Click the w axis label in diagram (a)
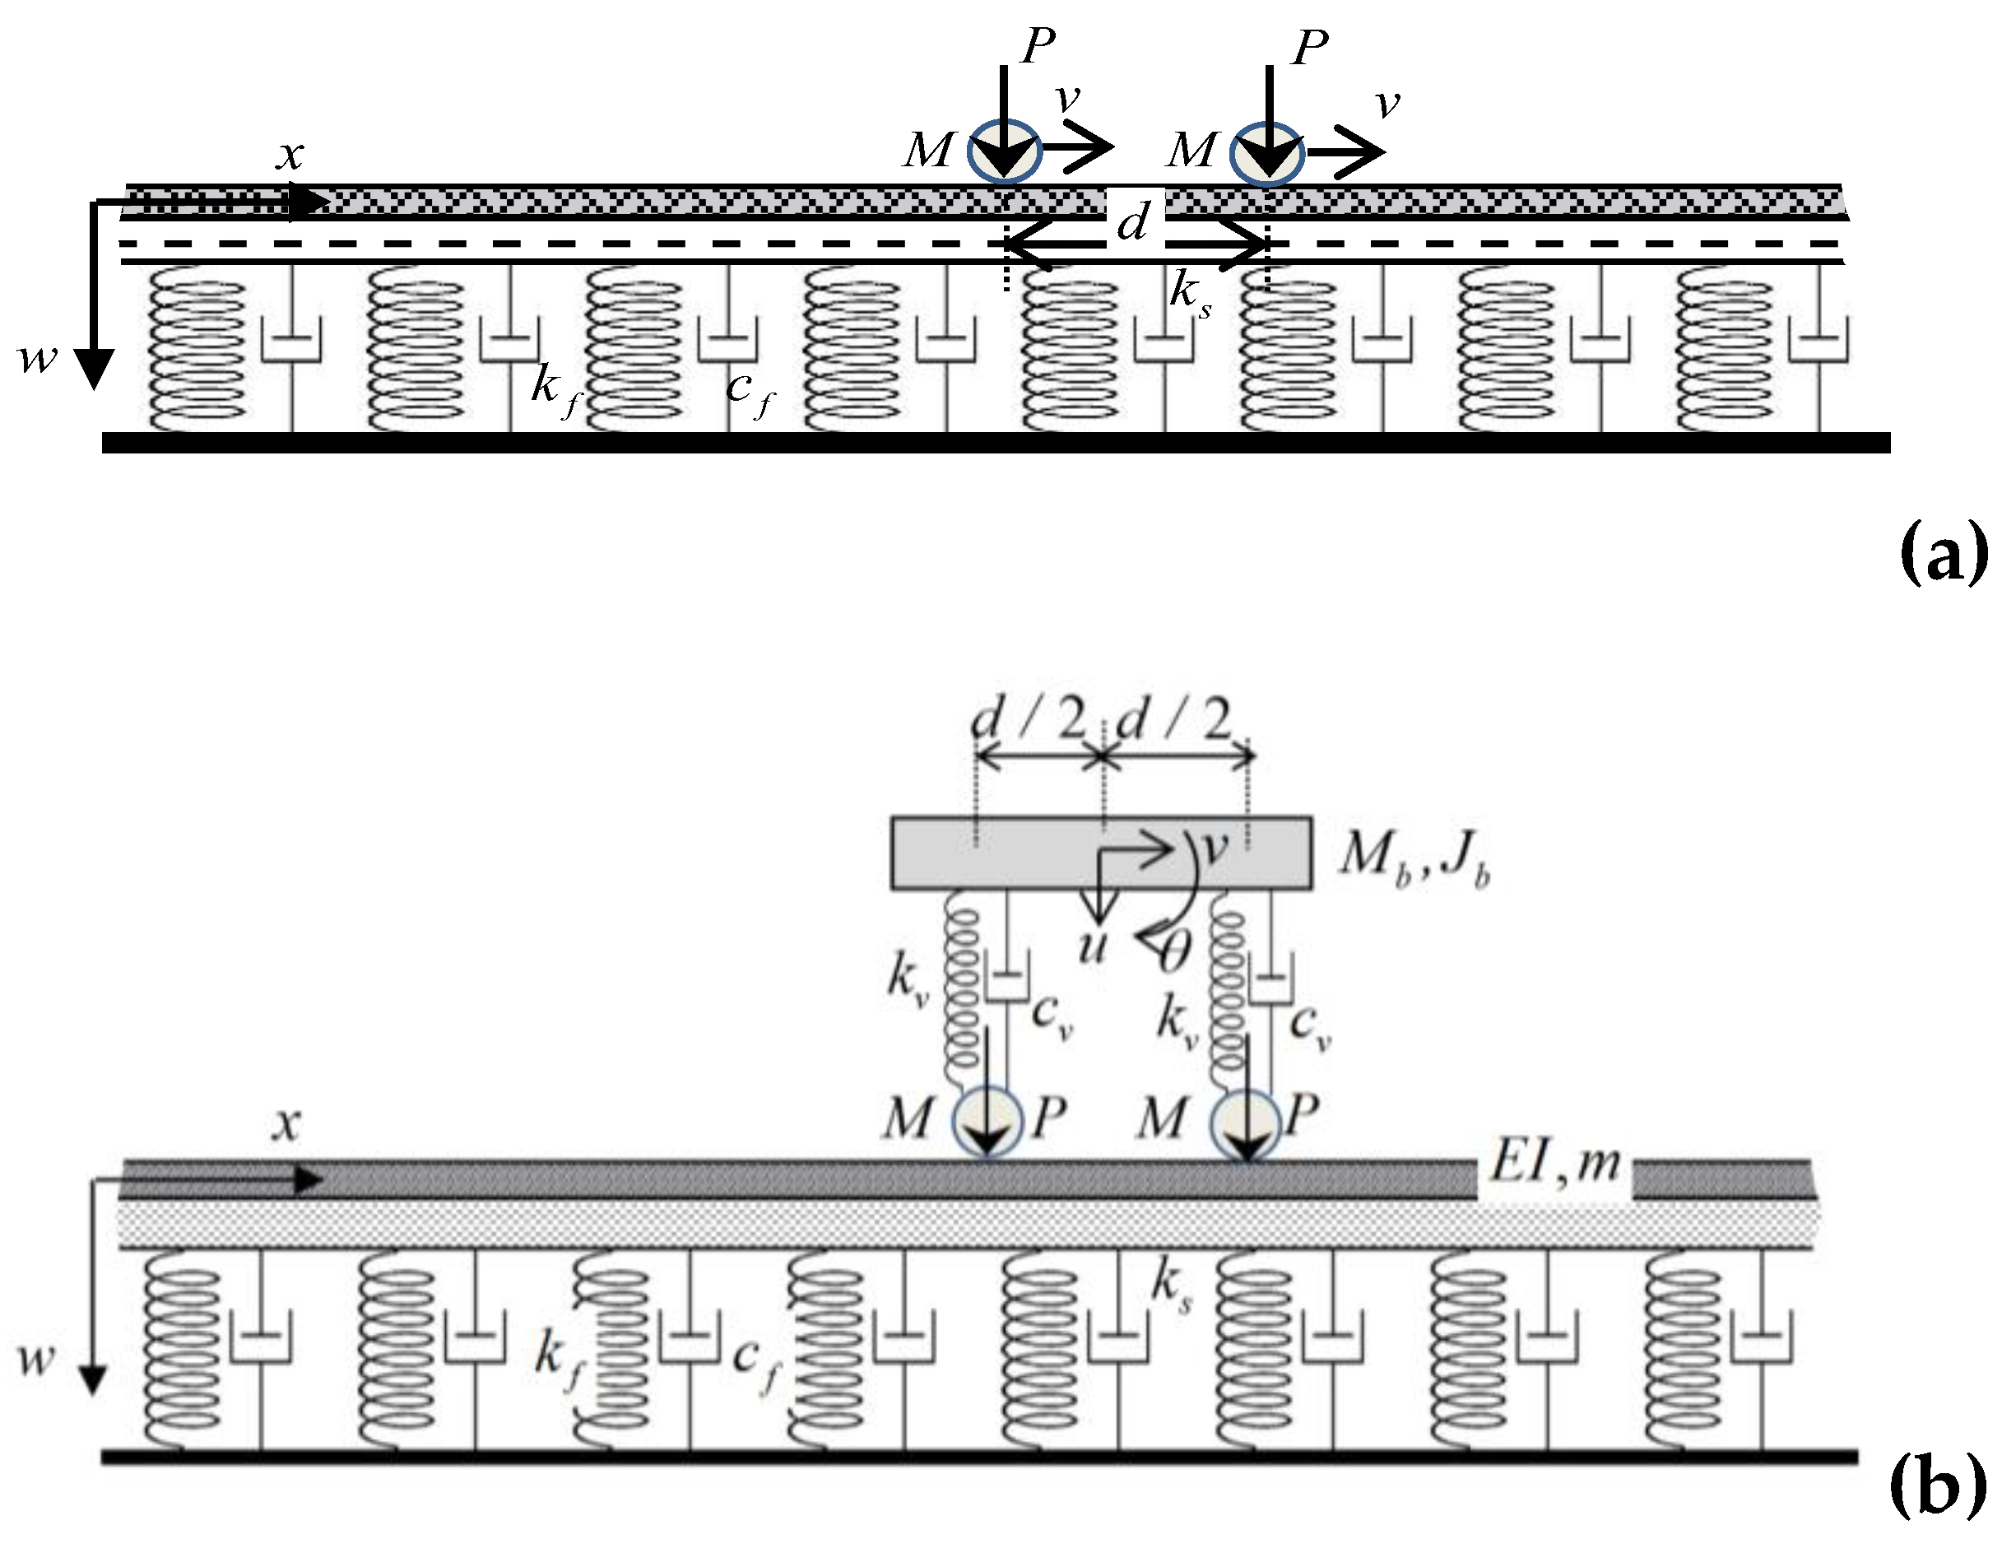39,357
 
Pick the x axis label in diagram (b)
287,1124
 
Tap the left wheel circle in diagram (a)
1005,152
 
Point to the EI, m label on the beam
1554,1165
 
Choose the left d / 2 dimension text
1029,719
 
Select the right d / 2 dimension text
1174,719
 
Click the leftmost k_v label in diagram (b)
908,979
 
